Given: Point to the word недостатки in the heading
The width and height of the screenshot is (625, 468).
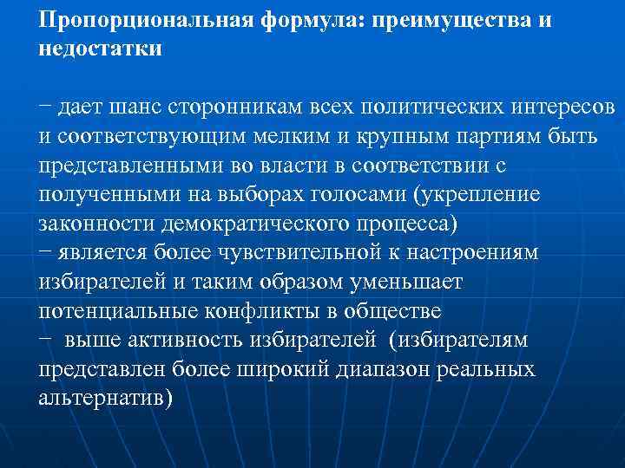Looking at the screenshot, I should click(x=100, y=49).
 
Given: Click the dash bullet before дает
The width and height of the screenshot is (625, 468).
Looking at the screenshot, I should click(x=44, y=107).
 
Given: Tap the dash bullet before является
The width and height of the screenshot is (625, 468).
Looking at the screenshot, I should click(x=44, y=251).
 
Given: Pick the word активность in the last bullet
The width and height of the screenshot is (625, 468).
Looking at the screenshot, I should click(x=193, y=339).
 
